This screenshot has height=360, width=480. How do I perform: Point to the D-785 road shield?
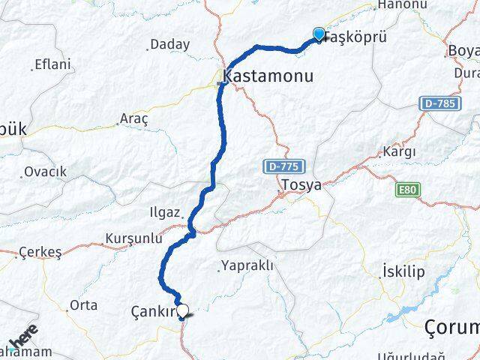[438, 103]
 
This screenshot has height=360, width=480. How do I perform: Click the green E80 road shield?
[406, 190]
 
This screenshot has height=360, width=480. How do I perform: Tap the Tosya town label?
[298, 184]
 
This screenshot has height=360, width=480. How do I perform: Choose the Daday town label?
[169, 44]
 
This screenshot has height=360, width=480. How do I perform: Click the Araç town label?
[135, 118]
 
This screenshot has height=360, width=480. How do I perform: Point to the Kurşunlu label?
[134, 238]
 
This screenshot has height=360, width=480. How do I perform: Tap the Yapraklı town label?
[248, 265]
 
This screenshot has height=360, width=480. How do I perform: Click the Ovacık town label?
[45, 172]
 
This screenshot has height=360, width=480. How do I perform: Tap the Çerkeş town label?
[40, 252]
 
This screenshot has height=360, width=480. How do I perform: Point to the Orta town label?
[83, 304]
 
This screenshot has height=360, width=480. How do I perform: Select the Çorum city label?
[451, 327]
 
